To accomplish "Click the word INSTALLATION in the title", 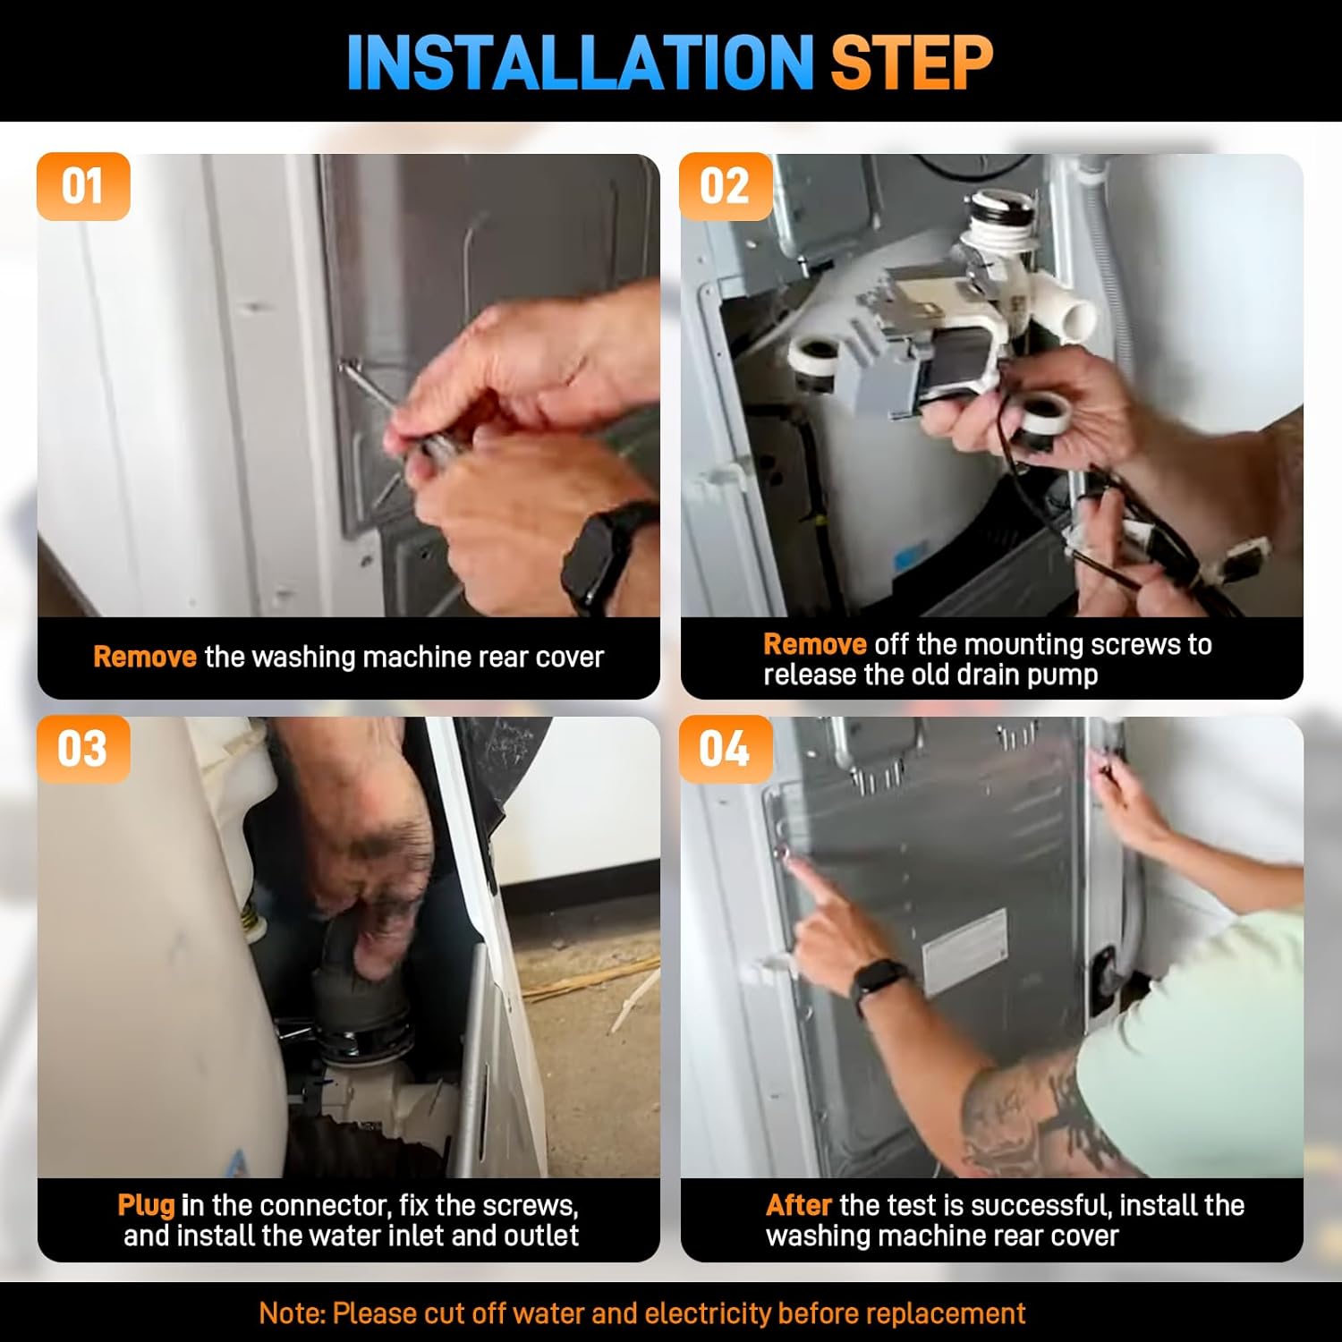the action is [580, 63].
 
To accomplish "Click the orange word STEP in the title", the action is [912, 63].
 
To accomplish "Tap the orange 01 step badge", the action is [83, 187].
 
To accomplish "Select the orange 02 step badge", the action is [726, 187].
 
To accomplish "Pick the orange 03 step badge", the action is [83, 749].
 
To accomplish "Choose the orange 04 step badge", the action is [726, 749].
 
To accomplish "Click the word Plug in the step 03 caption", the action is [146, 1206].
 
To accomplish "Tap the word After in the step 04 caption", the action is [799, 1205].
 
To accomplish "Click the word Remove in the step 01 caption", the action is [145, 657].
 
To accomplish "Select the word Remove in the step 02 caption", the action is [815, 644].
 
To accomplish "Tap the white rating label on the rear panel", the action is [965, 951].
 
